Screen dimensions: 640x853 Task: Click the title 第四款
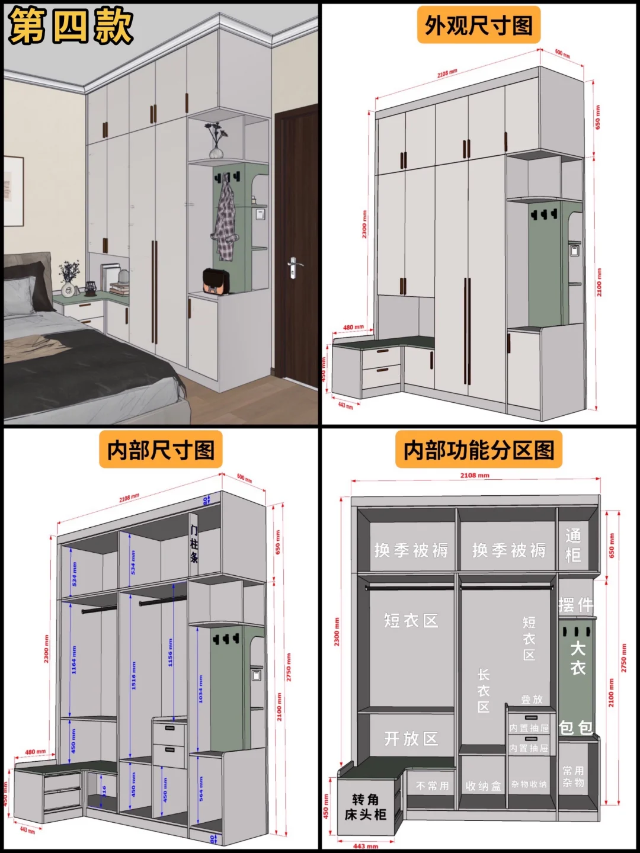[71, 26]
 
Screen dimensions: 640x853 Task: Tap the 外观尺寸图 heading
[478, 25]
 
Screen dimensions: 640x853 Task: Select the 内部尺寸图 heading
[161, 450]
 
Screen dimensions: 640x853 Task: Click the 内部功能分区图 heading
[478, 450]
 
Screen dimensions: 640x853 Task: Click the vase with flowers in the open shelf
[216, 142]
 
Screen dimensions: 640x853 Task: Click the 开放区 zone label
[411, 739]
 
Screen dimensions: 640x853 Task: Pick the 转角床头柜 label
[366, 807]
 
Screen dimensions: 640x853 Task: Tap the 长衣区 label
[484, 691]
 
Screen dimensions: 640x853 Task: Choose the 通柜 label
[572, 545]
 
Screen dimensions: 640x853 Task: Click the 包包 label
[575, 727]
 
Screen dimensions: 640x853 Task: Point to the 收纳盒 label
[483, 786]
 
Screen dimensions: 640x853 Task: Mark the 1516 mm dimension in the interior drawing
[133, 674]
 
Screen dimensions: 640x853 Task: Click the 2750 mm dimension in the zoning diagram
[623, 658]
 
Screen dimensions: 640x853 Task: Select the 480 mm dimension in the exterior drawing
[354, 327]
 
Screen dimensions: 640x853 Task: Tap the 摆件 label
[575, 605]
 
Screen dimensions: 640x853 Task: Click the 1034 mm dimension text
[200, 688]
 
